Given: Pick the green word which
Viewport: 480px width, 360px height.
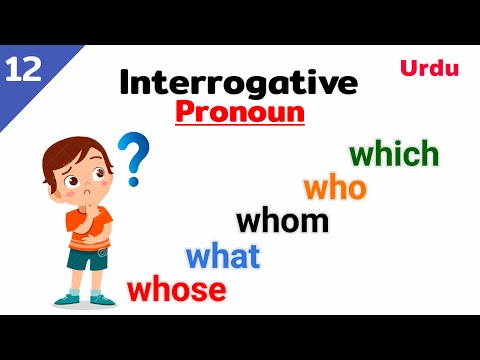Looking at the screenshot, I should (394, 154).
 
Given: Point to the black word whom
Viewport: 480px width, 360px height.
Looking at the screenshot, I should (282, 219).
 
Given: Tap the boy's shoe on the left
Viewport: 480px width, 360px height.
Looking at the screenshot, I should (67, 299).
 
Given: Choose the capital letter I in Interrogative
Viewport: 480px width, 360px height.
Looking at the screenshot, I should (124, 82).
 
